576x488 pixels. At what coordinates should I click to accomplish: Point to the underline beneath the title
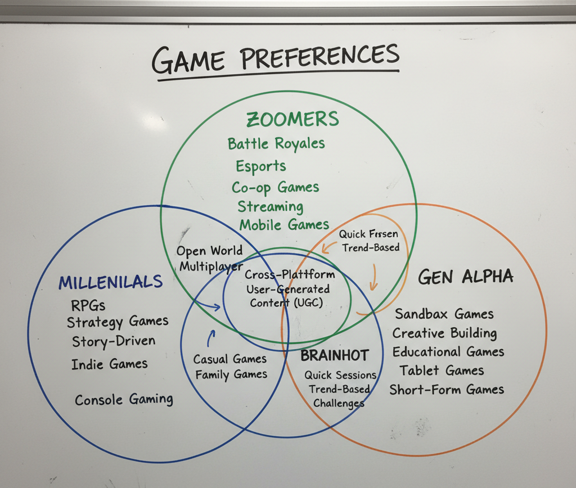coord(278,75)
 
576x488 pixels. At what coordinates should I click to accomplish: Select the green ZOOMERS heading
coord(292,119)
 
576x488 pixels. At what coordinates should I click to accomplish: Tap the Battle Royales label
coord(276,143)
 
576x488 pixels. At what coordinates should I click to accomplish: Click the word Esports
coord(260,166)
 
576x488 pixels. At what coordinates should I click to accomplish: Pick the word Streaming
coord(269,206)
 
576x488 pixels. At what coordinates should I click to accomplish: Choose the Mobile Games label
coord(284,225)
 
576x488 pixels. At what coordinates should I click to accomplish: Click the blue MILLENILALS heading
coord(110,282)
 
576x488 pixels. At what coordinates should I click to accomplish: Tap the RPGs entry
coord(88,306)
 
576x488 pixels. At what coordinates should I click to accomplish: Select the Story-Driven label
coord(113,341)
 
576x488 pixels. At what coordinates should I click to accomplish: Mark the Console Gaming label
coord(124,399)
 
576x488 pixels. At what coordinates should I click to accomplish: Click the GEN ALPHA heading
coord(466,277)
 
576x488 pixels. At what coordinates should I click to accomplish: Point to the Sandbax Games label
coord(444,314)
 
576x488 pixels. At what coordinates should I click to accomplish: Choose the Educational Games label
coord(448,353)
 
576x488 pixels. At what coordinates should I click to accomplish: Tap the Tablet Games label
coord(442,370)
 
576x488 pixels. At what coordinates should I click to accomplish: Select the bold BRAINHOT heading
coord(334,355)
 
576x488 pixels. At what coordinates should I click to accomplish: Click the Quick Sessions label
coord(340,375)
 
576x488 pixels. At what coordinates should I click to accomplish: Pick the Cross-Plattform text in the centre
coord(290,275)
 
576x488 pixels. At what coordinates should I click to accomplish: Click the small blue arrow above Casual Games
coord(211,338)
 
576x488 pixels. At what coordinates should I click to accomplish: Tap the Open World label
coord(209,251)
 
